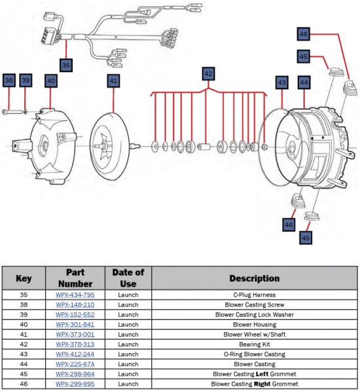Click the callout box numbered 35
pyautogui.click(x=66, y=65)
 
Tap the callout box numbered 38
pyautogui.click(x=9, y=81)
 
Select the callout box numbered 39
pyautogui.click(x=26, y=81)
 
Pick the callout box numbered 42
pyautogui.click(x=209, y=73)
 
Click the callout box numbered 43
pyautogui.click(x=282, y=83)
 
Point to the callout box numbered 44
pyautogui.click(x=304, y=83)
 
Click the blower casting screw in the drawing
pyautogui.click(x=12, y=112)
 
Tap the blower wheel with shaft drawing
pyautogui.click(x=113, y=146)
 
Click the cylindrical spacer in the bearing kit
pyautogui.click(x=204, y=146)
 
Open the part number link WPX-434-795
pyautogui.click(x=75, y=295)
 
